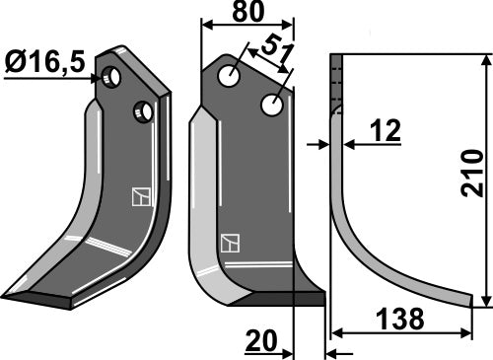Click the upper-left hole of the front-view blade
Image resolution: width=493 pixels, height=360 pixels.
point(230,76)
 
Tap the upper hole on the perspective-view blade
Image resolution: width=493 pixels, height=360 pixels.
point(114,77)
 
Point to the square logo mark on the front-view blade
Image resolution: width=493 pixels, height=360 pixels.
point(230,243)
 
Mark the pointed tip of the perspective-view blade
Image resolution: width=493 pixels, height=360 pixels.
point(6,296)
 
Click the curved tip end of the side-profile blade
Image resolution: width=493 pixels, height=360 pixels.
point(479,299)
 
